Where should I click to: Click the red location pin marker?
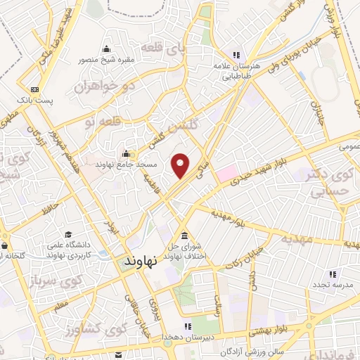click(x=181, y=165)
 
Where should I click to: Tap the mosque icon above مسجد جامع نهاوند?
click(x=127, y=154)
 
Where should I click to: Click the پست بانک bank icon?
click(x=33, y=89)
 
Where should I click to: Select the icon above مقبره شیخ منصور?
click(x=107, y=49)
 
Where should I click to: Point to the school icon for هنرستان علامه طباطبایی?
click(x=237, y=55)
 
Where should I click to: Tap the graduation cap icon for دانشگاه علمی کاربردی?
click(x=68, y=235)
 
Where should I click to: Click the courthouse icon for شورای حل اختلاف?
click(x=184, y=236)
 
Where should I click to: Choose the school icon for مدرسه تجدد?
click(x=333, y=274)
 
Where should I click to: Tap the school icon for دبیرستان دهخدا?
click(x=187, y=326)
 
